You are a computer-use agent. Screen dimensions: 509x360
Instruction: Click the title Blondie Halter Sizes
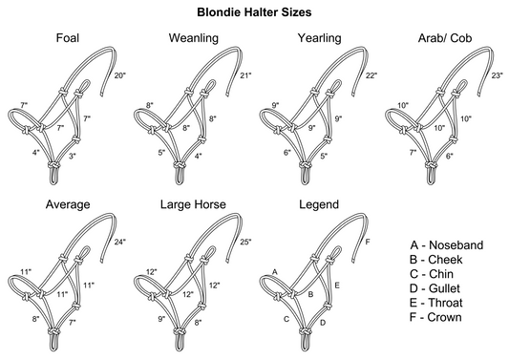click(254, 12)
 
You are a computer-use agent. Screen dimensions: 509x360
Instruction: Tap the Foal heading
click(68, 38)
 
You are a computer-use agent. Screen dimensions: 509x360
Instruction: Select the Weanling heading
click(194, 38)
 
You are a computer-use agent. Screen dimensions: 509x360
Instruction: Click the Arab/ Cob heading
click(445, 38)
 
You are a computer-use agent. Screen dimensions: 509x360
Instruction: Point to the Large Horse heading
click(193, 204)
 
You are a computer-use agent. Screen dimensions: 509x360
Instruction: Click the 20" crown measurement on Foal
click(119, 75)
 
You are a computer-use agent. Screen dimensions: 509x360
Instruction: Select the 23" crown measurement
click(497, 75)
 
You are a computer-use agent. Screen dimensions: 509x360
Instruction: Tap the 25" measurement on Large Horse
click(245, 242)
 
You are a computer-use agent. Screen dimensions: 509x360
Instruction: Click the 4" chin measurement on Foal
click(35, 152)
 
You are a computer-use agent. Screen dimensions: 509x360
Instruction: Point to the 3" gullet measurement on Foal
click(73, 156)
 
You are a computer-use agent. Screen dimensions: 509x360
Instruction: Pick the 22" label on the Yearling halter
click(371, 75)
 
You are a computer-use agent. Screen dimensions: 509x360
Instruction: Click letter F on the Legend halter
click(368, 243)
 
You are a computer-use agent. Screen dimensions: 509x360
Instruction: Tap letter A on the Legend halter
click(275, 272)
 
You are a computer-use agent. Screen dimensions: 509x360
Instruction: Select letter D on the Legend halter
click(323, 323)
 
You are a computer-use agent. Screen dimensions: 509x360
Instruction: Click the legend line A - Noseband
click(447, 245)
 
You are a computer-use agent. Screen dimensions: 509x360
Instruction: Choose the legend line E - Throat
click(436, 303)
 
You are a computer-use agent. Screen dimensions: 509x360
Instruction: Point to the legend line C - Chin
click(432, 274)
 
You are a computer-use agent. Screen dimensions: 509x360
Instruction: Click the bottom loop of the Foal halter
click(54, 177)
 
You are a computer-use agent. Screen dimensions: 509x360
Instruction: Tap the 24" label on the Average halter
click(119, 242)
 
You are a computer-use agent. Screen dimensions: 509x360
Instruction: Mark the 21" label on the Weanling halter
click(245, 75)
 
